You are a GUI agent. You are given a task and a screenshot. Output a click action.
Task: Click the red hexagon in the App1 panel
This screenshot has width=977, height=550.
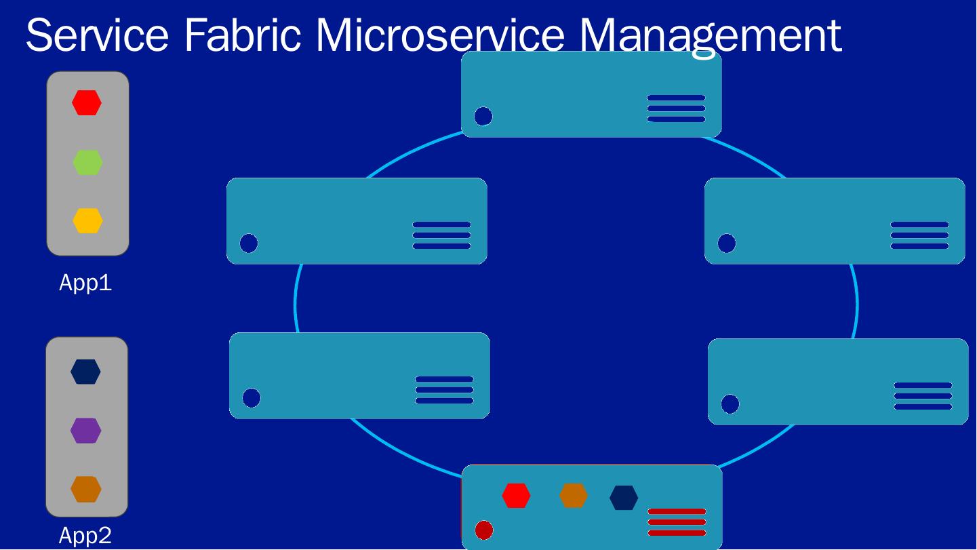coord(87,103)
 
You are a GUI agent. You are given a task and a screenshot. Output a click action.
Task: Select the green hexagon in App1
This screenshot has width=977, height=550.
coord(87,163)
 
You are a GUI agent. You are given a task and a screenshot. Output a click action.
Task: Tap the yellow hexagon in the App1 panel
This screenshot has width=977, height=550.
coord(87,221)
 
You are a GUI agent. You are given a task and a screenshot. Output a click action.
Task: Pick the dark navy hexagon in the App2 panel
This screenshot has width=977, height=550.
coord(85,372)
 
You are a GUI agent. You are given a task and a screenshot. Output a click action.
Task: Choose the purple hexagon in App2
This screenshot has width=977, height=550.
coord(85,431)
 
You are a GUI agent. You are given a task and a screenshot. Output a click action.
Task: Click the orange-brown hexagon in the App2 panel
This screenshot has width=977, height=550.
coord(85,489)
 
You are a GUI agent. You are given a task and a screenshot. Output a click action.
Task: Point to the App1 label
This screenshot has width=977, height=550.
coord(85,283)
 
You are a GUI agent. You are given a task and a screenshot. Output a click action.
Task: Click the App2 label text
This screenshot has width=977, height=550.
coord(85,536)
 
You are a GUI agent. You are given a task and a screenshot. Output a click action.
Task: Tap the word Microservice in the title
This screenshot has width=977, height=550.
coord(440,35)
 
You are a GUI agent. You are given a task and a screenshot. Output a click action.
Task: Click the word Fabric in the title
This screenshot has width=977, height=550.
coord(242,35)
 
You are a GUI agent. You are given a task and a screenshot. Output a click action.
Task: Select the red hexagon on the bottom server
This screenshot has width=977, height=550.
coord(516,496)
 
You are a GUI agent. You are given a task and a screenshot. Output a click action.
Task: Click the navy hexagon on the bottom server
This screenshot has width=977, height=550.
coord(624,497)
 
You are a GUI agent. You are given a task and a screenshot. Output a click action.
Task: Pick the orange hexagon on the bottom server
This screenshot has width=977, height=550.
coord(573,496)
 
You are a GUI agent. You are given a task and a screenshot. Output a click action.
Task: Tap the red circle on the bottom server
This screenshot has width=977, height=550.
coord(484,530)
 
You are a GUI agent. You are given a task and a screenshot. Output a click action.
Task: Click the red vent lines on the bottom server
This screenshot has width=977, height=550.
coord(677,522)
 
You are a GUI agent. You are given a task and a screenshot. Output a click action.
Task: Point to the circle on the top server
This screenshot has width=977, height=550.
coord(483,117)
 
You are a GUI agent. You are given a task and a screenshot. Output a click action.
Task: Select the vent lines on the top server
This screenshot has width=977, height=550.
coord(676,109)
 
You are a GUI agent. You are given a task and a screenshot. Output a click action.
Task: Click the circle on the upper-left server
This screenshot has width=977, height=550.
coord(249,243)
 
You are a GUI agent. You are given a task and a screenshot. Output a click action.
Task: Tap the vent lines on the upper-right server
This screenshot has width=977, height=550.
coord(919,235)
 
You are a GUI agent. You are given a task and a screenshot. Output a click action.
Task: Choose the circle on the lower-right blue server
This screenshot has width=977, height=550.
coord(730,404)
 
